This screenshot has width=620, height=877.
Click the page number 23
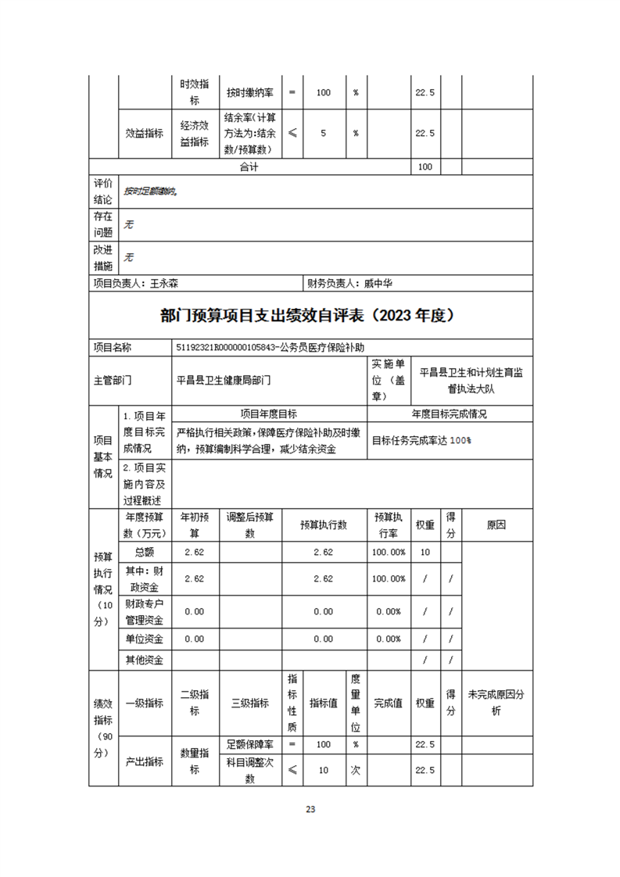pos(310,809)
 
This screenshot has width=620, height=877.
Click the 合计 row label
pos(249,167)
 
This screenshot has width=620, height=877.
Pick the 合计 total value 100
pos(425,167)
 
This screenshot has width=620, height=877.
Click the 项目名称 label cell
pos(113,347)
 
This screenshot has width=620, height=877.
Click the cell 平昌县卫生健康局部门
pos(224,381)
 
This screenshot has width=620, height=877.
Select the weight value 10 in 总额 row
pos(425,552)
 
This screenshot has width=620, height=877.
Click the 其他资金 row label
pos(145,660)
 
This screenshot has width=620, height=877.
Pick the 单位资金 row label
pos(145,639)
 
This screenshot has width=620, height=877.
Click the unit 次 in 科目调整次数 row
pos(355,770)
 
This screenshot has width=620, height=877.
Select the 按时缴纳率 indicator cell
pos(250,92)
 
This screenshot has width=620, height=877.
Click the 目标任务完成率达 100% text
pos(421,440)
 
